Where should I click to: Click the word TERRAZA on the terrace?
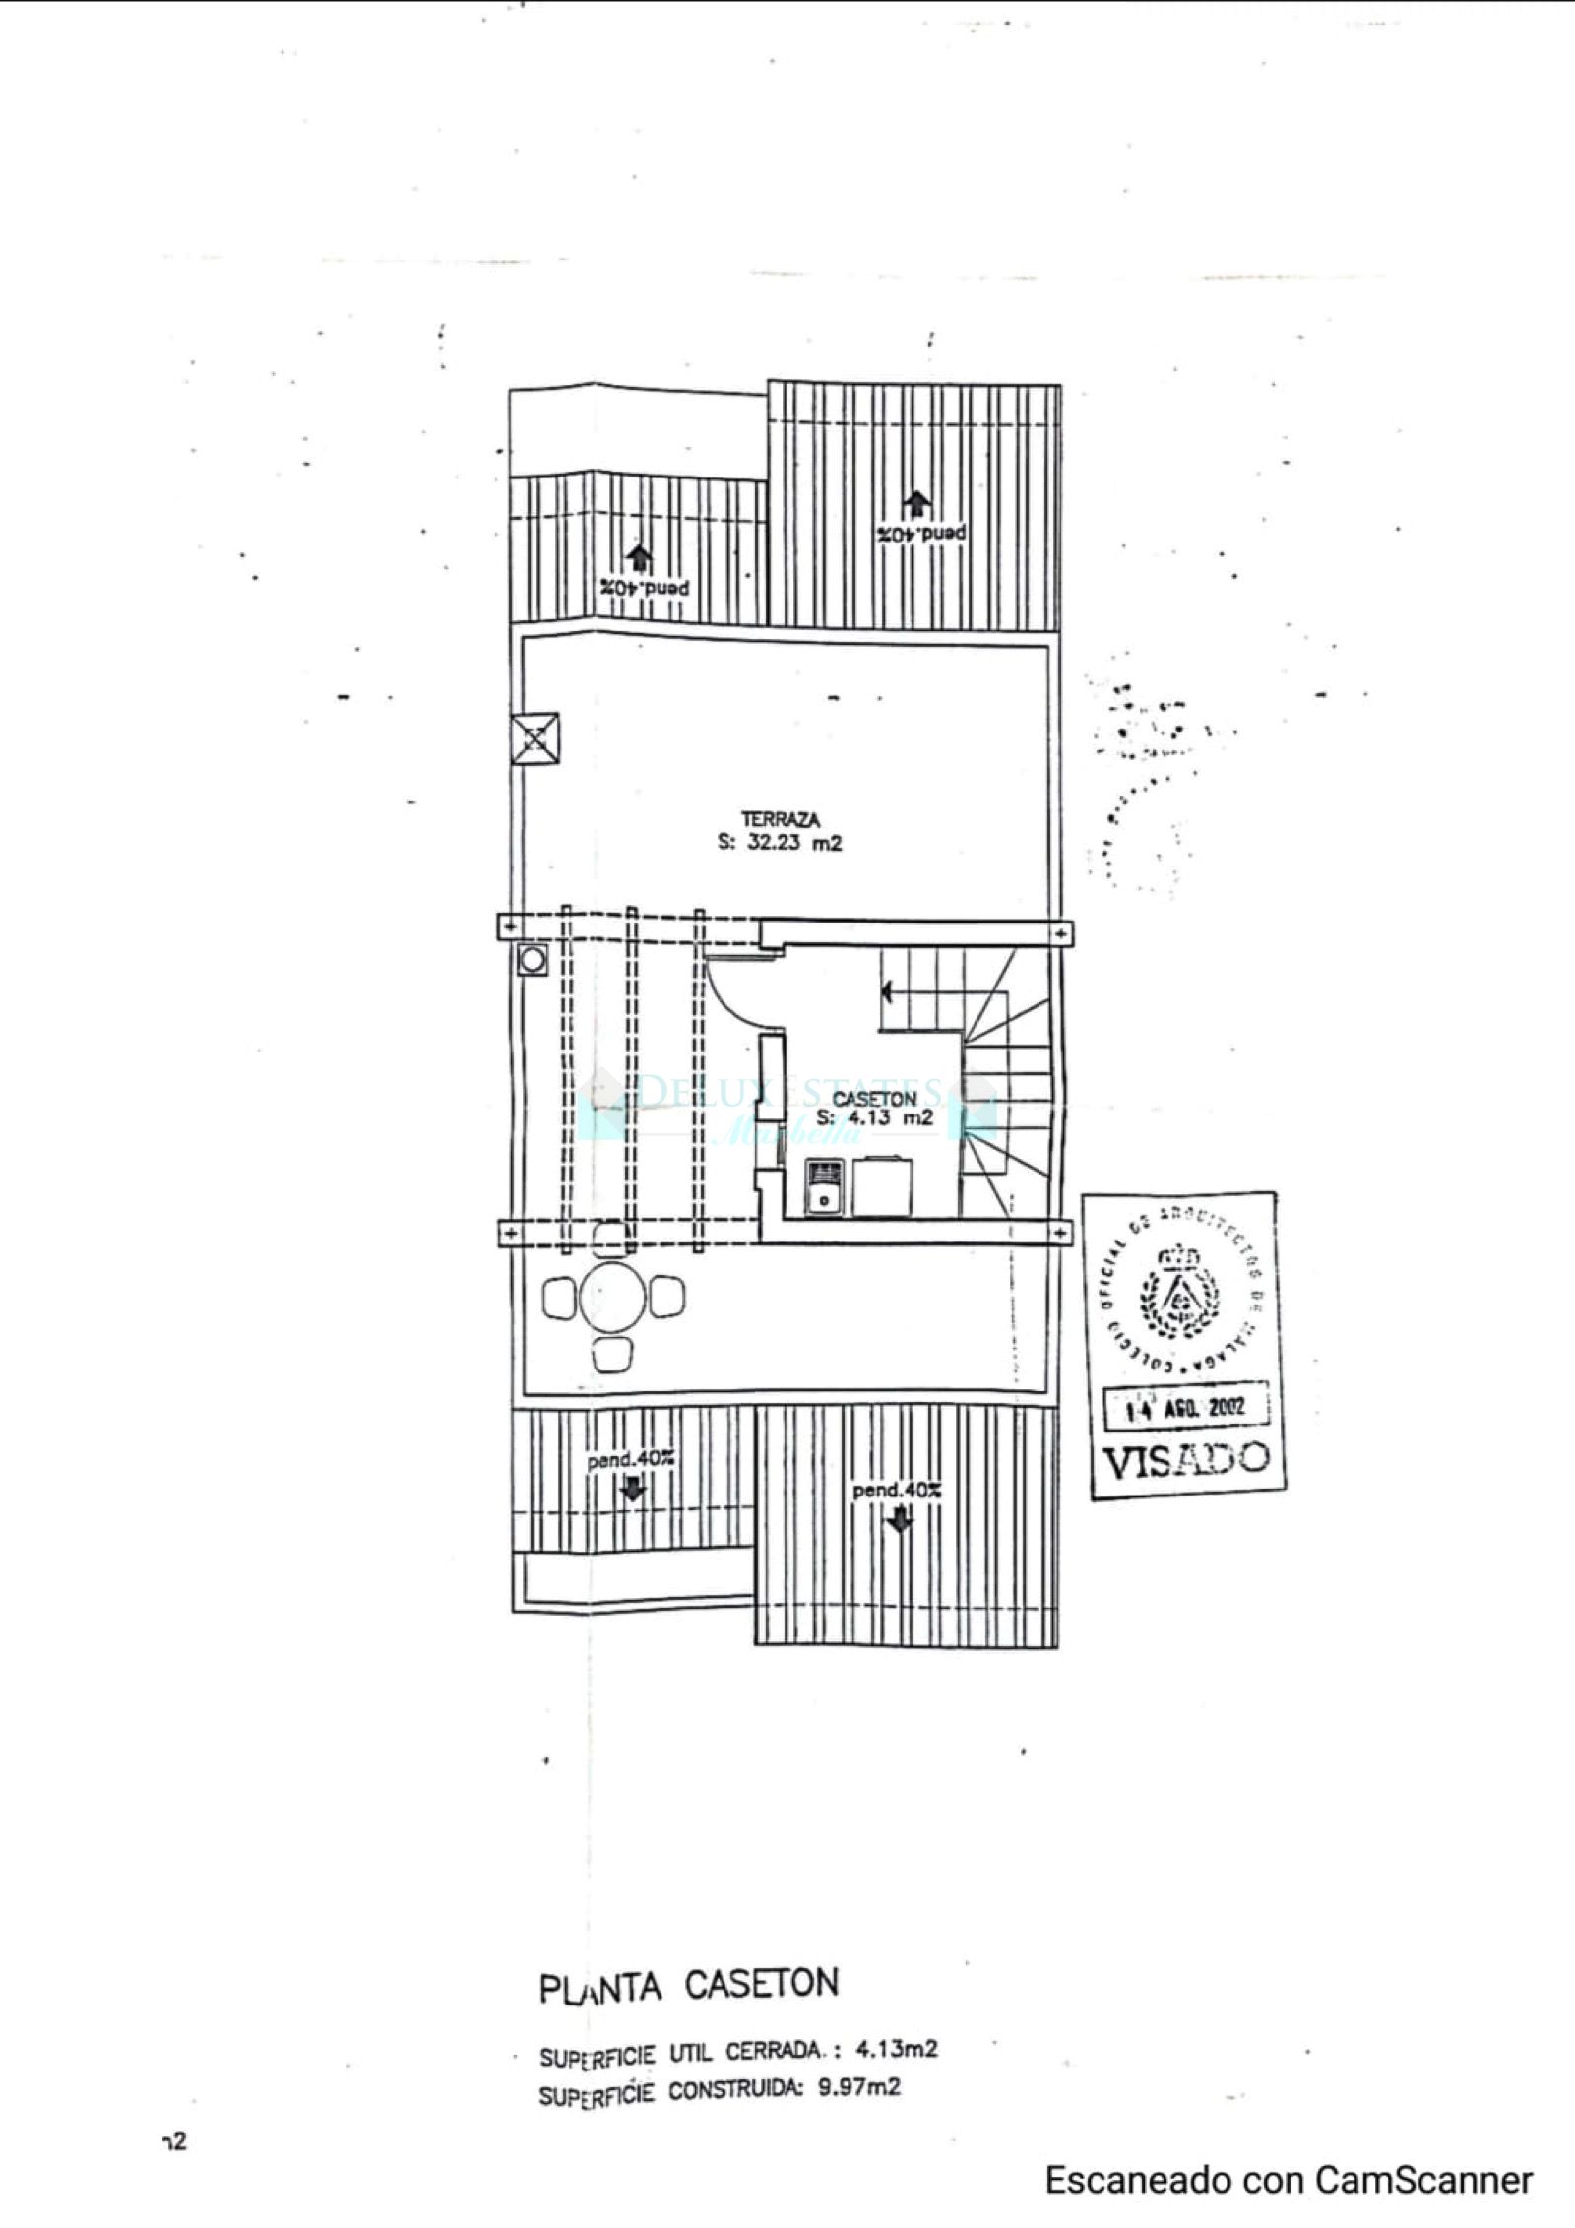click(781, 819)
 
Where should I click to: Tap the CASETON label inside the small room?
click(874, 1098)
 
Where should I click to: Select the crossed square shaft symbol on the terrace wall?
click(535, 737)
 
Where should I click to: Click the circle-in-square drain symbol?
click(534, 959)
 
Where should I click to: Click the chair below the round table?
click(611, 1354)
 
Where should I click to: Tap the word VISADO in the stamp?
click(1184, 1460)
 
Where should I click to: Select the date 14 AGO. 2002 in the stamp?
click(1185, 1408)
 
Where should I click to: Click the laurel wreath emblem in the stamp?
click(1177, 1298)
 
